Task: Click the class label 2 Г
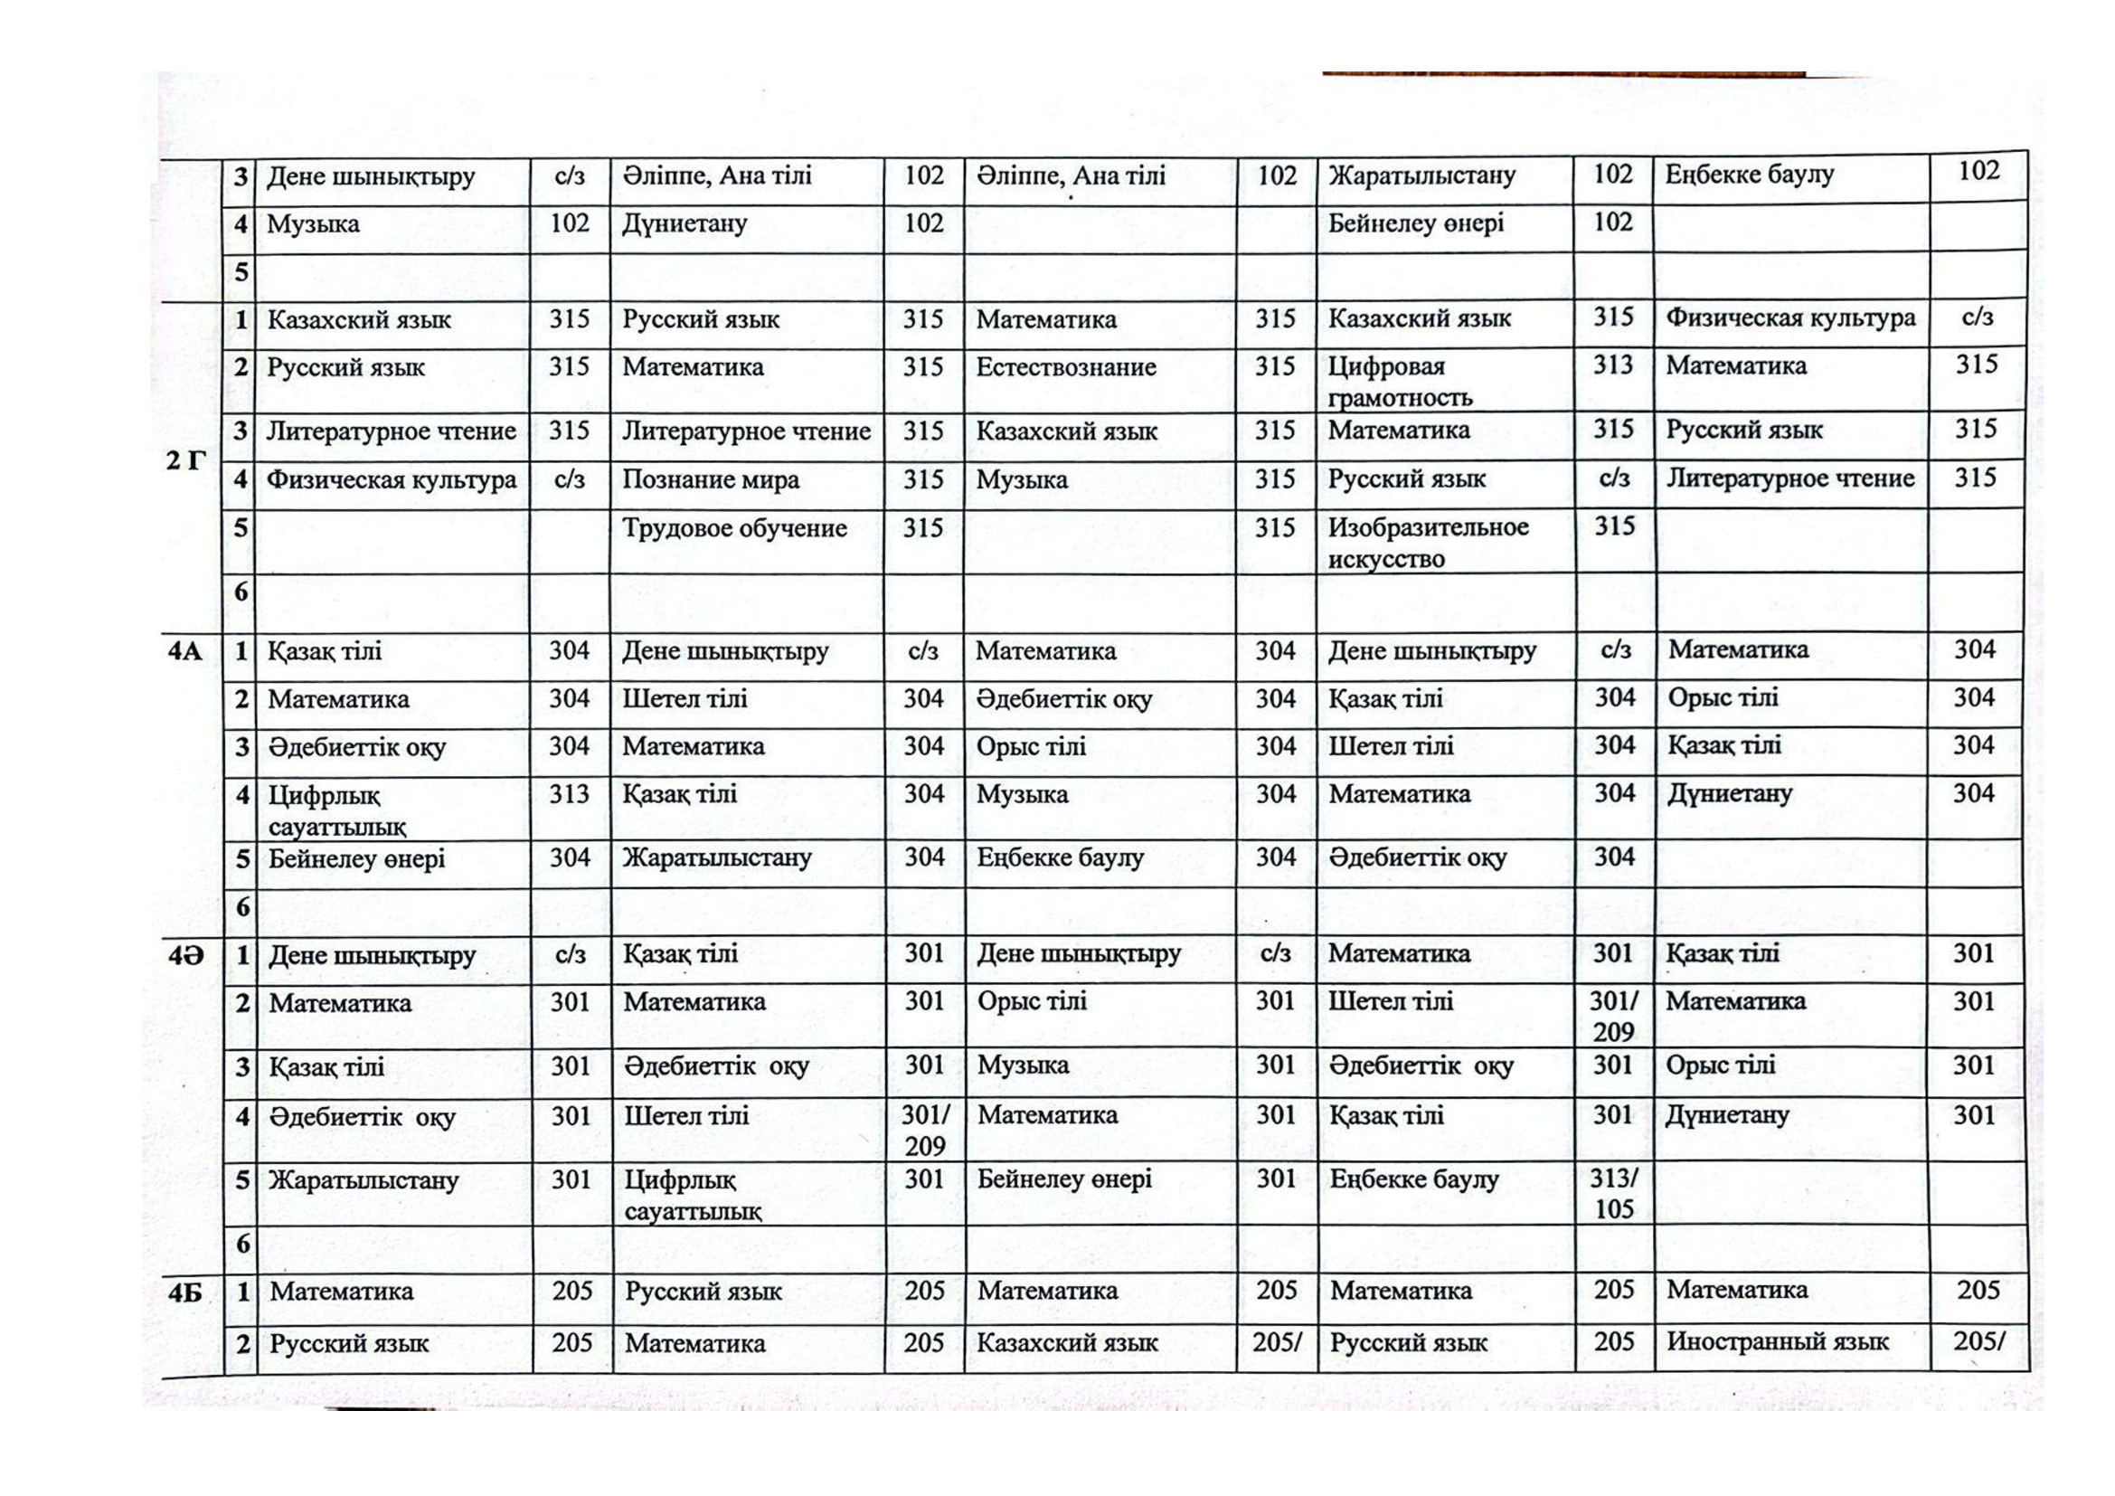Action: coord(185,460)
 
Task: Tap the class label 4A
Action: coord(184,652)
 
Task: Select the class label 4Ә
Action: coord(185,956)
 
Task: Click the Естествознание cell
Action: coord(1066,367)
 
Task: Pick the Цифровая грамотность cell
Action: coord(1399,382)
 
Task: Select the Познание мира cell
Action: coord(710,480)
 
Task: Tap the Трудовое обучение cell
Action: coord(734,529)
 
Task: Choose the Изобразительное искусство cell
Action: coord(1428,543)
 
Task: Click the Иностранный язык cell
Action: coord(1777,1342)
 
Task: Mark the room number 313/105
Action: coord(1614,1194)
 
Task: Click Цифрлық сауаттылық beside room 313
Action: coord(337,810)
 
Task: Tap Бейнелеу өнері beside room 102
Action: coord(1416,223)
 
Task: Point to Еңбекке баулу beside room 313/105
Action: coord(1413,1180)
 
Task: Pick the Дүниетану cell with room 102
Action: coord(685,223)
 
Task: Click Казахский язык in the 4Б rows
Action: coord(1067,1343)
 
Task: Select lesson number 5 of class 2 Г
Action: coord(241,529)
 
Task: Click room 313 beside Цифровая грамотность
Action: coord(1613,365)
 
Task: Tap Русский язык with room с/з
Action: coord(1407,480)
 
